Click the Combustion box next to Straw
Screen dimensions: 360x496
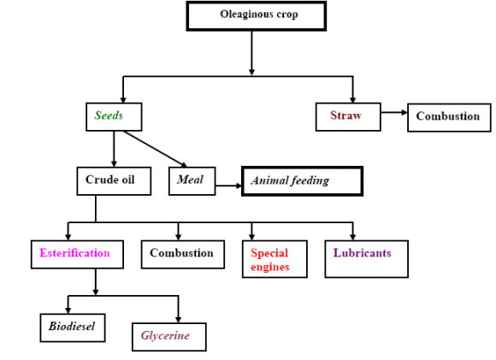point(448,116)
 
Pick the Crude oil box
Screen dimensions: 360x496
point(115,180)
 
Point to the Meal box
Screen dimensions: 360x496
point(190,180)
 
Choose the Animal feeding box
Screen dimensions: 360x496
point(302,181)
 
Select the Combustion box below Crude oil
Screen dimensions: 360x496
point(181,254)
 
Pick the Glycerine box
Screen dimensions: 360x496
point(172,336)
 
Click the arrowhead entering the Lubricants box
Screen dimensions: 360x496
point(353,235)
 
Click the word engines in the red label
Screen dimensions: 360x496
point(271,267)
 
